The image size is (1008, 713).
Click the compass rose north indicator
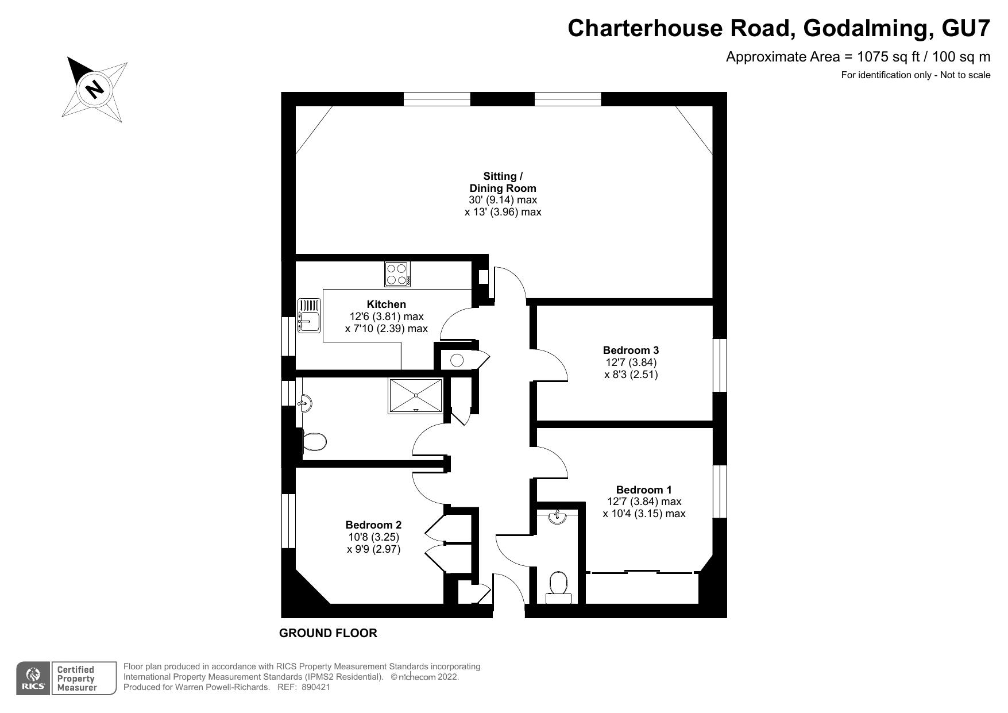pos(94,89)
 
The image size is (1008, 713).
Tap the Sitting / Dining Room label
pos(503,182)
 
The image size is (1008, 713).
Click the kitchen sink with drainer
pos(309,315)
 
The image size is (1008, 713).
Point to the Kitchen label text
pos(386,305)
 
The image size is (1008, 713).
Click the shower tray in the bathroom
pos(416,395)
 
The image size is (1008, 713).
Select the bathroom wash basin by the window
pos(305,403)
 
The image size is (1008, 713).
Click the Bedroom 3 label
pos(631,350)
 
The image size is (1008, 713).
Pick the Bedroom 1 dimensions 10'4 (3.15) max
pos(644,514)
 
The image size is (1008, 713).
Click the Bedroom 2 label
pos(373,525)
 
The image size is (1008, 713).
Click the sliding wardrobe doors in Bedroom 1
pos(642,572)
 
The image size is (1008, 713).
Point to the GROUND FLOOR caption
pos(328,633)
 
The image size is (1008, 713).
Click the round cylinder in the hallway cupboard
pos(457,361)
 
